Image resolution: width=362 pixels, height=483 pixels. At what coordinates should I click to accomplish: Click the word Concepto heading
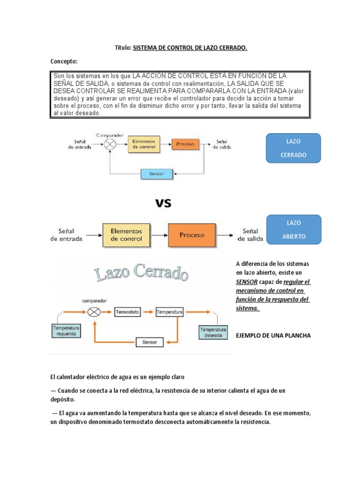pyautogui.click(x=64, y=61)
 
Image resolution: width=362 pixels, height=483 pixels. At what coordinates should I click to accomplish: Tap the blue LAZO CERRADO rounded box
pyautogui.click(x=293, y=148)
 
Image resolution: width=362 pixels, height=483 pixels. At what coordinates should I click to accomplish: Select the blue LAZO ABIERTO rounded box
pyautogui.click(x=293, y=229)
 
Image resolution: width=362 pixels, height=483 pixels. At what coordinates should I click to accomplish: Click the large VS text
pyautogui.click(x=164, y=203)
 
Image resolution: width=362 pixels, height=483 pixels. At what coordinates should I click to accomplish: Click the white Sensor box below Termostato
pyautogui.click(x=149, y=342)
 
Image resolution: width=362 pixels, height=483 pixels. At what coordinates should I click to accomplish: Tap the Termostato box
pyautogui.click(x=128, y=312)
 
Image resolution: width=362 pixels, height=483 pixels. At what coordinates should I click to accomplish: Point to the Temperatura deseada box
pyautogui.click(x=213, y=332)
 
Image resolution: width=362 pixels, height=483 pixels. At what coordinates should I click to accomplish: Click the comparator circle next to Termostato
pyautogui.click(x=94, y=312)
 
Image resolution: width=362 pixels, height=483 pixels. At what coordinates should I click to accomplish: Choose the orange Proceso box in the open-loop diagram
pyautogui.click(x=192, y=235)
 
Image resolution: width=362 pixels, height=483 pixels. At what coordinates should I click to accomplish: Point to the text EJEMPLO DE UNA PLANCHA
pyautogui.click(x=273, y=335)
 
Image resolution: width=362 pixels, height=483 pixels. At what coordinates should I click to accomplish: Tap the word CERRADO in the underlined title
pyautogui.click(x=230, y=48)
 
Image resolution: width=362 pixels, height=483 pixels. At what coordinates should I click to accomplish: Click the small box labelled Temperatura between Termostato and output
pyautogui.click(x=170, y=312)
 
